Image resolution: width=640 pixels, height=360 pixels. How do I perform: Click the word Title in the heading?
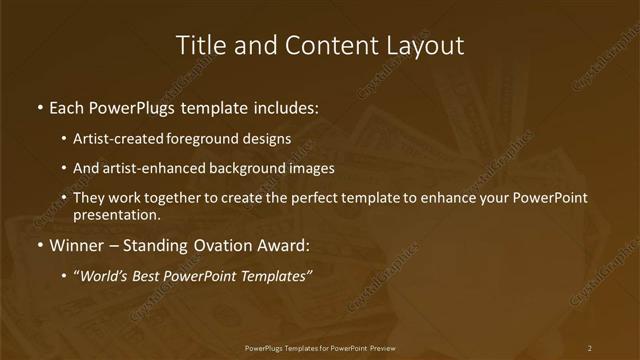click(199, 45)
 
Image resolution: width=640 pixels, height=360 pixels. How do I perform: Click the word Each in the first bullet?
click(67, 106)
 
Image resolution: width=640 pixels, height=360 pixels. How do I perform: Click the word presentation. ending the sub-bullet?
click(116, 214)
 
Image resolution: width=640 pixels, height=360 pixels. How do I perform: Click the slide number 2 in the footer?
click(589, 348)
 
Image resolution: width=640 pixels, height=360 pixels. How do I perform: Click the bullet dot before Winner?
click(39, 246)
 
